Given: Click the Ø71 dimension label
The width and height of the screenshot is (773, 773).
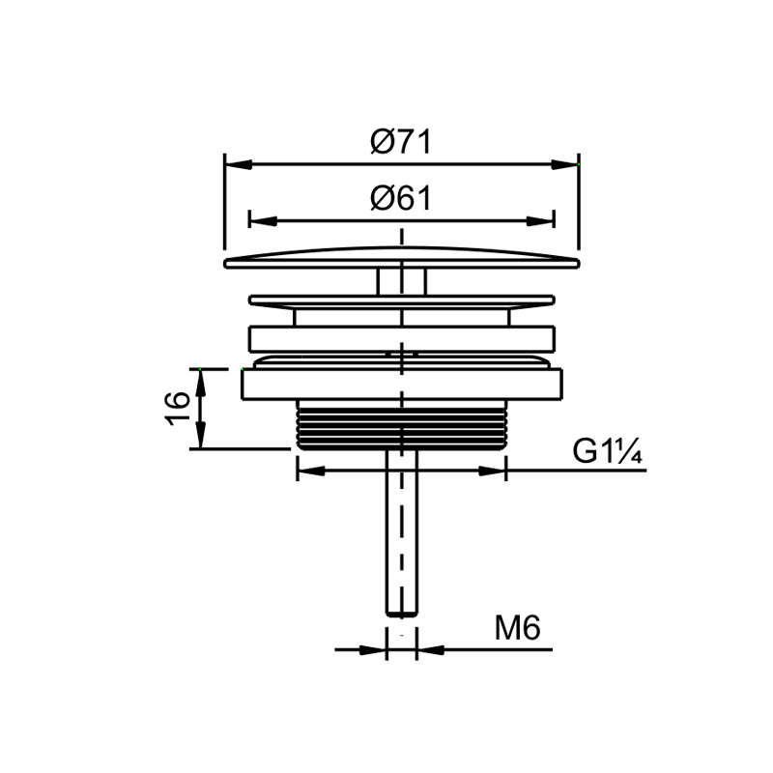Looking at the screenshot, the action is tap(401, 142).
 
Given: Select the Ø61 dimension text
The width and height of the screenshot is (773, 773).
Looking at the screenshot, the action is tap(401, 199).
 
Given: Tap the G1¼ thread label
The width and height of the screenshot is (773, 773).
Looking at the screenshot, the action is tap(608, 450).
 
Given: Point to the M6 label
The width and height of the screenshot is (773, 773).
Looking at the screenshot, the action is tap(518, 627).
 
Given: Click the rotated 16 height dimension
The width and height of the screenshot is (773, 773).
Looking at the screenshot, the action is tap(178, 409).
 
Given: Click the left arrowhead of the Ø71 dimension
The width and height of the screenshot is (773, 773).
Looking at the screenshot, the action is tap(239, 164).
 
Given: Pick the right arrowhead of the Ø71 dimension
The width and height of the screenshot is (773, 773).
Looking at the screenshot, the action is tap(564, 164).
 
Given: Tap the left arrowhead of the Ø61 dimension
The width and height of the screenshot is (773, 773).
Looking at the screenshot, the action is tap(263, 221).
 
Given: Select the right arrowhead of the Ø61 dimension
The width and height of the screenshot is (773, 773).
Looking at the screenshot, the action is tap(540, 221).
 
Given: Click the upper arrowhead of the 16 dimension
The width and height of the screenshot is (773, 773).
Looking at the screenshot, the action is tap(200, 383).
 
